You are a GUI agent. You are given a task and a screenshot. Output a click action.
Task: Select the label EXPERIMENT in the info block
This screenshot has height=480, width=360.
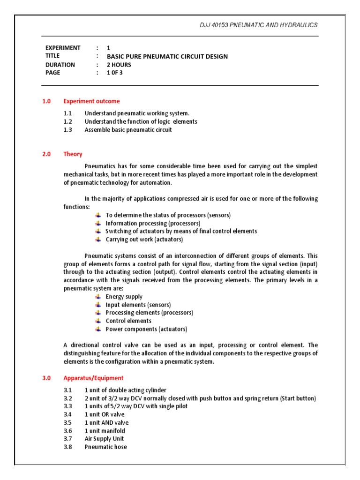tap(63, 48)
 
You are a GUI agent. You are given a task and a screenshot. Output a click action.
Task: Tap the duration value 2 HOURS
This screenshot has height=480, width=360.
tap(119, 65)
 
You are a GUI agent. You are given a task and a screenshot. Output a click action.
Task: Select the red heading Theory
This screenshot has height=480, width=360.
tap(73, 154)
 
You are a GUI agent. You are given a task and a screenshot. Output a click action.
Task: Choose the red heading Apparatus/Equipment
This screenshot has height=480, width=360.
tap(93, 378)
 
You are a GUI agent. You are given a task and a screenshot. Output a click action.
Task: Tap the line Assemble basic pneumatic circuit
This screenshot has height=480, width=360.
tap(128, 130)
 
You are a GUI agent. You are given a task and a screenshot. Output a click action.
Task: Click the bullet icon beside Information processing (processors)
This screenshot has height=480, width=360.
tap(97, 223)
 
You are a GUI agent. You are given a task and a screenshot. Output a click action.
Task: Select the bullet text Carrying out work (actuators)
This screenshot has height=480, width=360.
tap(144, 240)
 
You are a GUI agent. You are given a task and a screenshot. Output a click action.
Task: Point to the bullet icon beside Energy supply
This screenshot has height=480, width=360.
tap(97, 297)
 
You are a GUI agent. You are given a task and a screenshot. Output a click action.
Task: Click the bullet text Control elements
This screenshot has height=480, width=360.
tap(128, 321)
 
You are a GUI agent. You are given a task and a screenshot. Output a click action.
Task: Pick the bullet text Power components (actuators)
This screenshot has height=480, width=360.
tap(146, 329)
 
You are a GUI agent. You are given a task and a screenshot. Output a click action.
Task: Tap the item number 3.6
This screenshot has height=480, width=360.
tap(67, 431)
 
